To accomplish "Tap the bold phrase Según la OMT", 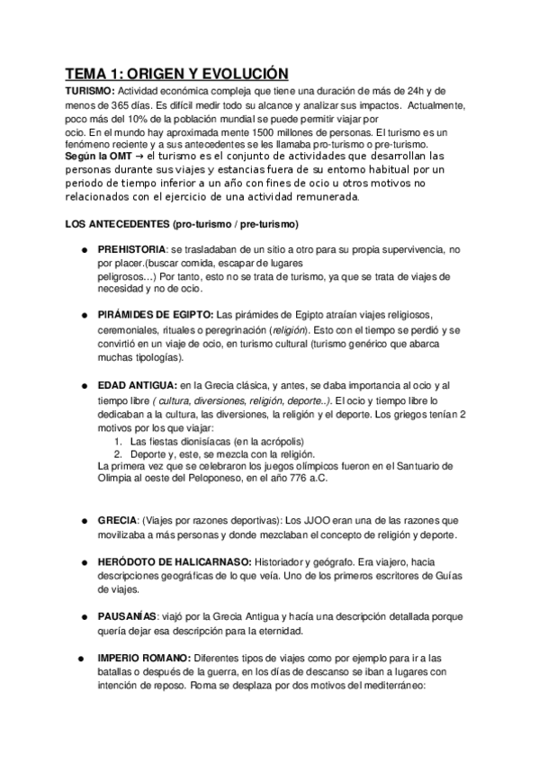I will point(97,156).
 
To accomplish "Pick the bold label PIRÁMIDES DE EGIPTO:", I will point(156,314).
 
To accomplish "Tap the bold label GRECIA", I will point(118,520).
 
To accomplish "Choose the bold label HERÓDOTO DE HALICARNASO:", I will point(168,561).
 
